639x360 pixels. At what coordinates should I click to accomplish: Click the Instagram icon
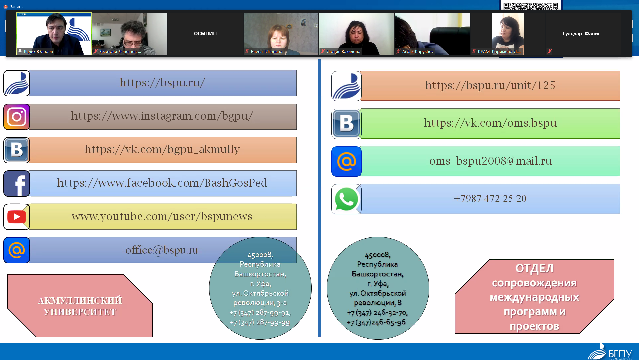pyautogui.click(x=17, y=117)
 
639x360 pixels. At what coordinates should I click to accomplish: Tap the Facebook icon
pyautogui.click(x=17, y=183)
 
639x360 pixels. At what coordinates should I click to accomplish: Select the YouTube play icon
pyautogui.click(x=17, y=217)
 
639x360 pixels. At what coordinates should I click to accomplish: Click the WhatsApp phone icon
pyautogui.click(x=346, y=199)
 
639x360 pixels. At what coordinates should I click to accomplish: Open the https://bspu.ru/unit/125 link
pyautogui.click(x=490, y=85)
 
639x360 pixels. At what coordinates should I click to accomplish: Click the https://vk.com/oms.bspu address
pyautogui.click(x=490, y=123)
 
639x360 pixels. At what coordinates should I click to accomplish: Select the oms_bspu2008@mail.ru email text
pyautogui.click(x=490, y=161)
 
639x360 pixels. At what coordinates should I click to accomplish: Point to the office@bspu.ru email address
pyautogui.click(x=162, y=250)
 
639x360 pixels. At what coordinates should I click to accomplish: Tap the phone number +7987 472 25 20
pyautogui.click(x=490, y=199)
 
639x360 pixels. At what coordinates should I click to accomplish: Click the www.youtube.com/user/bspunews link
pyautogui.click(x=162, y=216)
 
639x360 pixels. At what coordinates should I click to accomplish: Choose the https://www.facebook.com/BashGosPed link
pyautogui.click(x=162, y=183)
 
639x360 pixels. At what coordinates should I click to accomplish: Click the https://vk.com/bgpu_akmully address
pyautogui.click(x=162, y=149)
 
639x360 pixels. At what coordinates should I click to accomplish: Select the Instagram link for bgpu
pyautogui.click(x=162, y=116)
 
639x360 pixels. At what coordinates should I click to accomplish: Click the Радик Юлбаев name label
pyautogui.click(x=38, y=52)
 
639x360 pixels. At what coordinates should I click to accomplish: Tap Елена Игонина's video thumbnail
pyautogui.click(x=281, y=33)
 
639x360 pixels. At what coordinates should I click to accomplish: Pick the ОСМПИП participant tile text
pyautogui.click(x=205, y=33)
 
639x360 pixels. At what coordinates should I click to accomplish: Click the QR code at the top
pyautogui.click(x=531, y=6)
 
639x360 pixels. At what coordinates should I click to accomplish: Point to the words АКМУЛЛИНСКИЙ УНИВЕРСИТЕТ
pyautogui.click(x=80, y=306)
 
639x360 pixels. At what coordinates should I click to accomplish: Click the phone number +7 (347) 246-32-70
pyautogui.click(x=377, y=313)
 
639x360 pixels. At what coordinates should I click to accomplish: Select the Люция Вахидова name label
pyautogui.click(x=343, y=52)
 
